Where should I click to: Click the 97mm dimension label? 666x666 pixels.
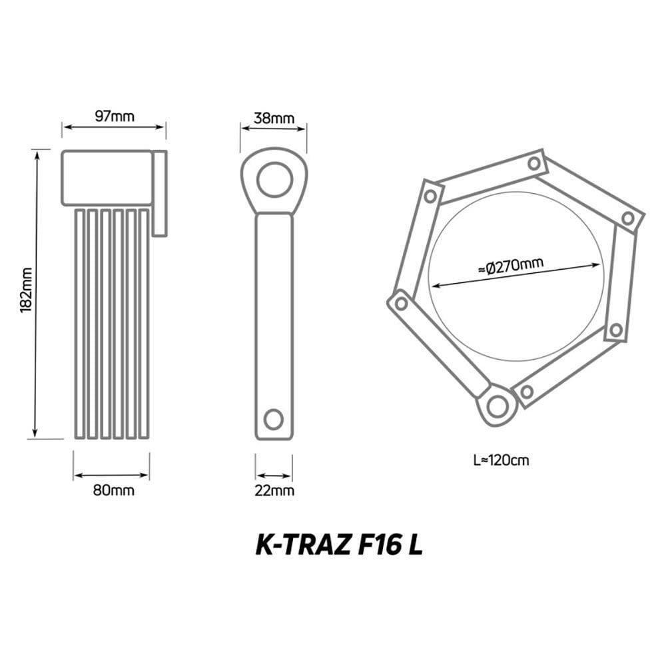(114, 117)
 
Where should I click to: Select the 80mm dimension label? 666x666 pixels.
(113, 491)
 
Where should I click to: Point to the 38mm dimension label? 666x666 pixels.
(274, 119)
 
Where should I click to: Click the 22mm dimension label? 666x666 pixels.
(274, 491)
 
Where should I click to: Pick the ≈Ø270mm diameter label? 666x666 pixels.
(511, 266)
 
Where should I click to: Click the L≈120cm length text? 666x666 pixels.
(501, 460)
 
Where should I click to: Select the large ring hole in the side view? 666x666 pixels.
(274, 179)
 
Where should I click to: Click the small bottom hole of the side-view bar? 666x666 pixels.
(273, 419)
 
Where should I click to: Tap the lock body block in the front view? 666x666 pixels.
(107, 178)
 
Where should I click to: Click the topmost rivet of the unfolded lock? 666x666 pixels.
(533, 163)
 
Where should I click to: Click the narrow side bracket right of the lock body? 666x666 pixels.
(160, 193)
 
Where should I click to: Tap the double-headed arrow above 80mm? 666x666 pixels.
(111, 475)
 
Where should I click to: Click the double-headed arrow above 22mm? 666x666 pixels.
(274, 476)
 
